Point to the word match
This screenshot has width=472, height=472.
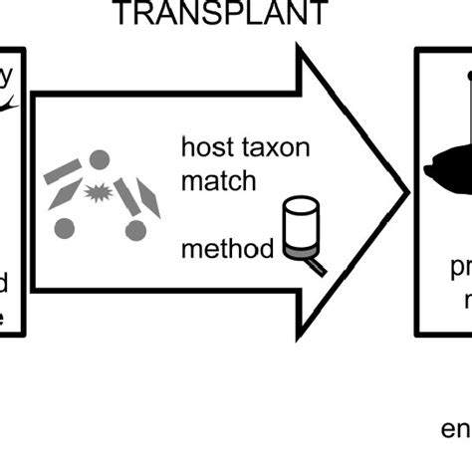(x=218, y=182)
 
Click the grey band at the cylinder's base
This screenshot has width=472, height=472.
(x=298, y=254)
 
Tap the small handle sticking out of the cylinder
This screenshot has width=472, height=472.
(x=317, y=266)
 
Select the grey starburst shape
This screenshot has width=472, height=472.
(x=98, y=193)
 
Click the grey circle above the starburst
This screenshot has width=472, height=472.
(x=99, y=159)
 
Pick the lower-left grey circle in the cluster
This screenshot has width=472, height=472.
(x=64, y=227)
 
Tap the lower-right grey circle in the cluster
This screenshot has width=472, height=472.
(x=135, y=230)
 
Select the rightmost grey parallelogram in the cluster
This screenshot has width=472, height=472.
(x=148, y=198)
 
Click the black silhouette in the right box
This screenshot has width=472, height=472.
(x=448, y=169)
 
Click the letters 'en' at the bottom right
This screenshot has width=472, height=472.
(x=454, y=430)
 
